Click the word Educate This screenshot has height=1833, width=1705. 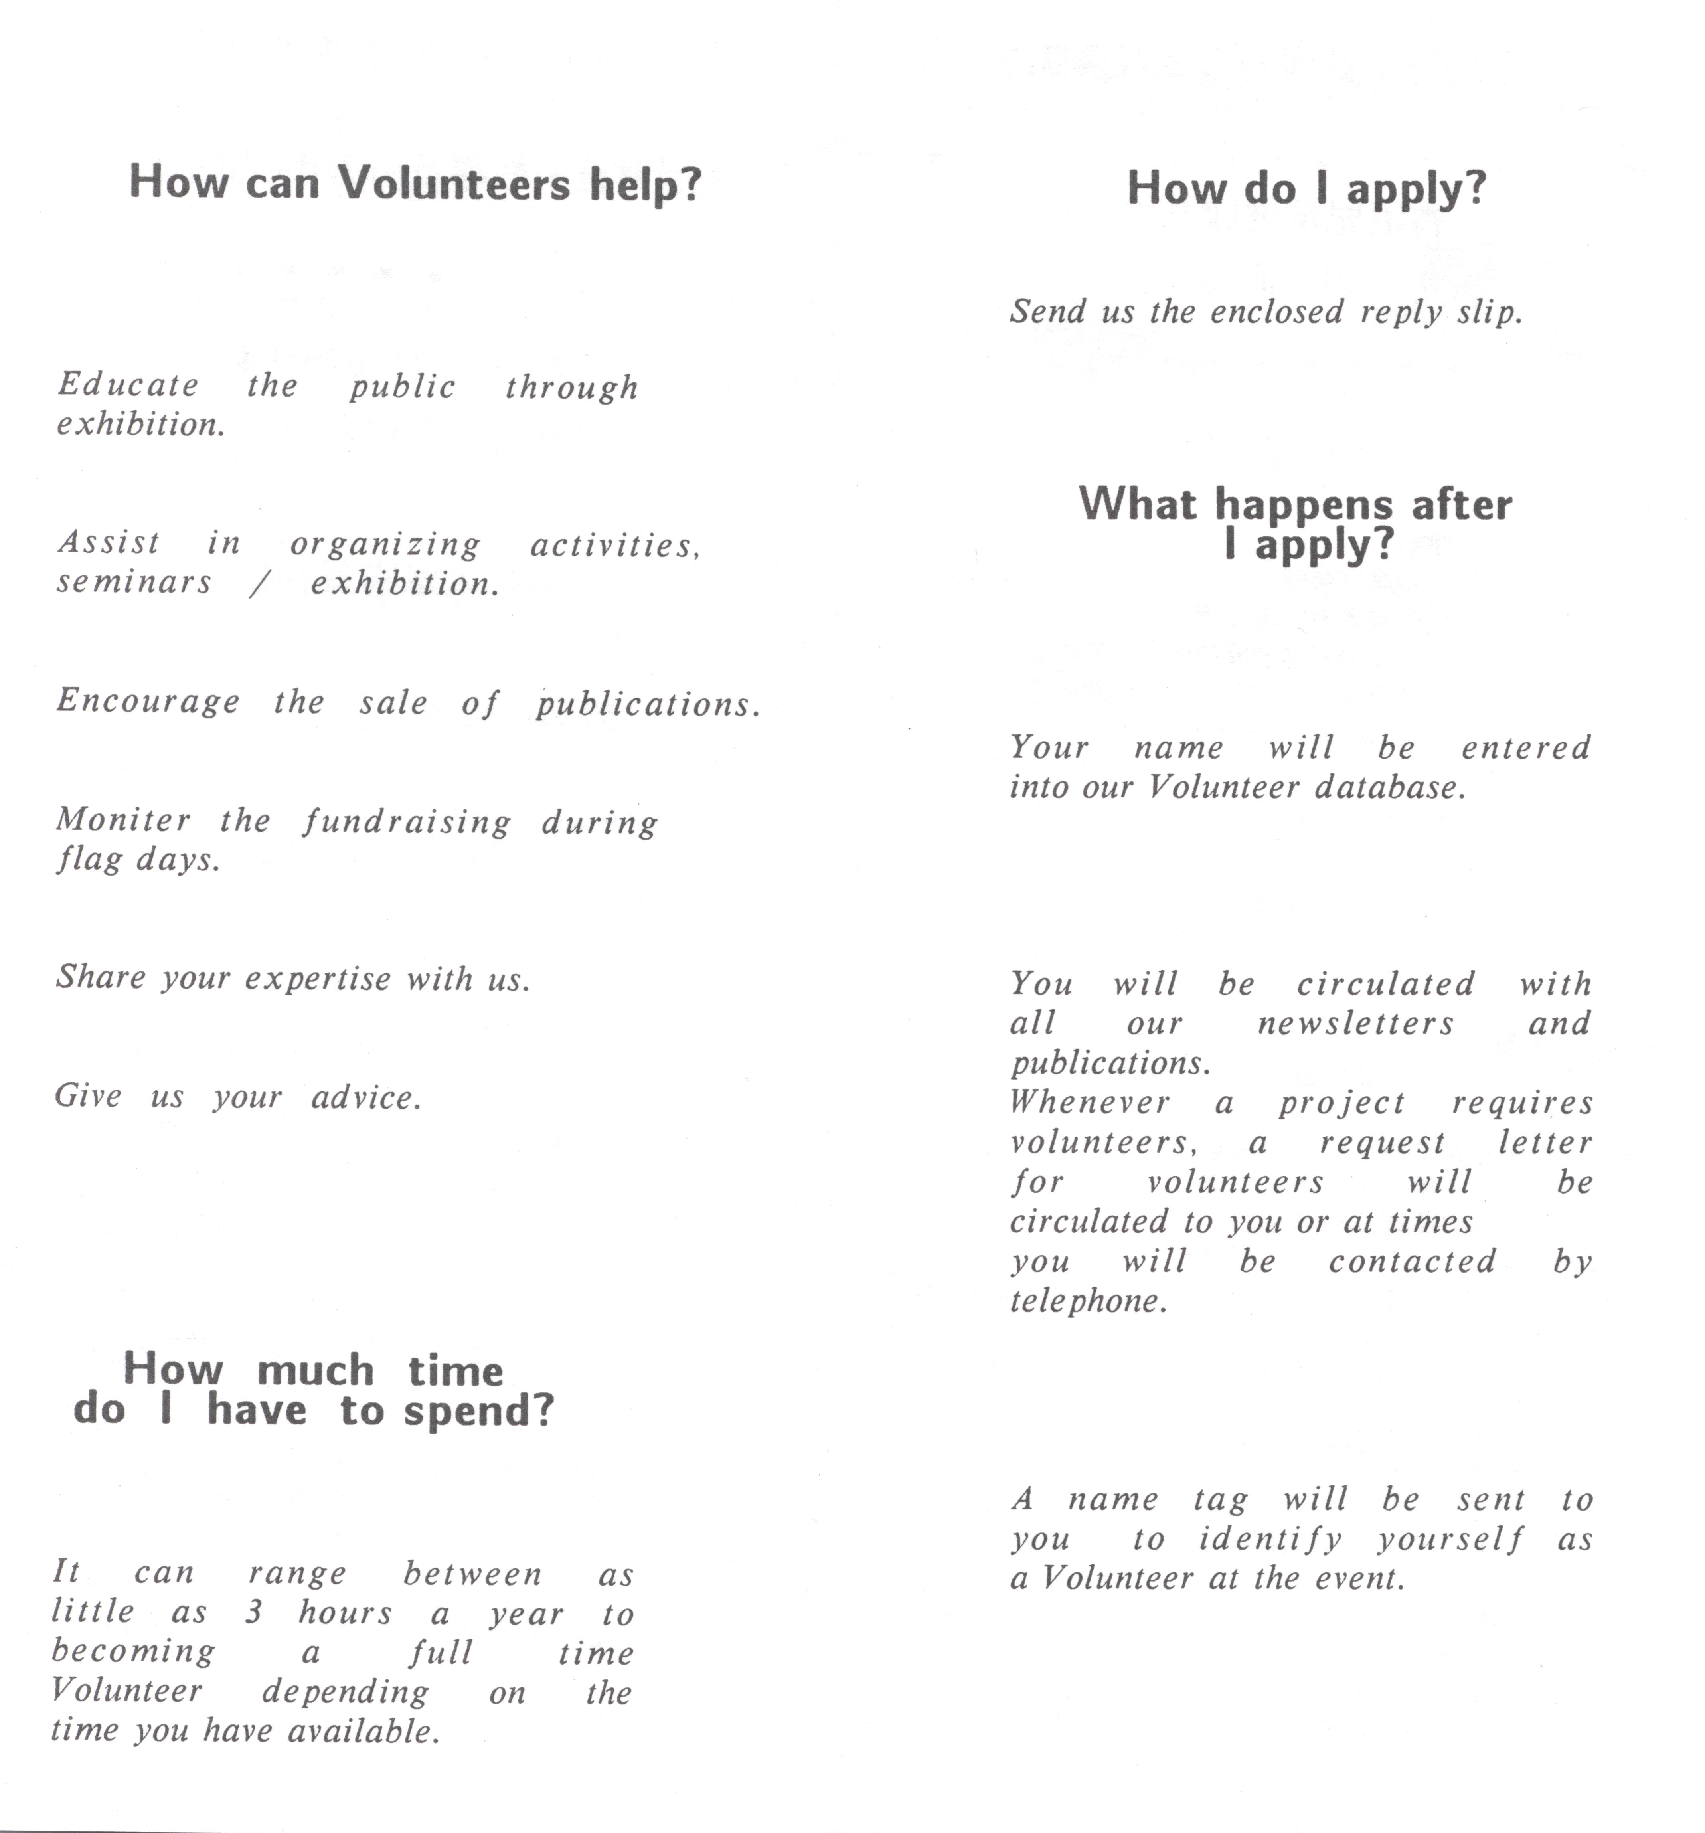(x=128, y=384)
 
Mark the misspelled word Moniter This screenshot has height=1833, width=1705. (x=124, y=819)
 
